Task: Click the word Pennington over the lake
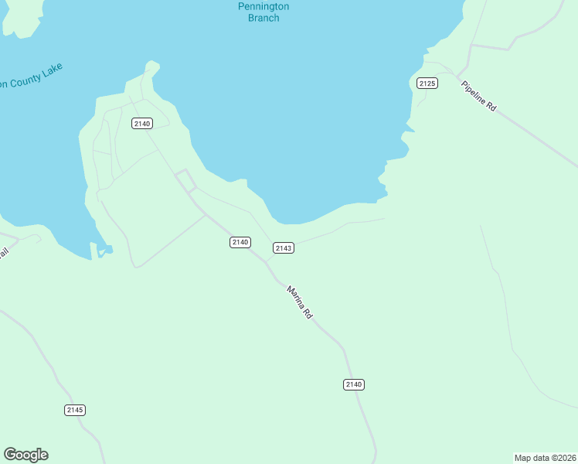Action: coord(263,7)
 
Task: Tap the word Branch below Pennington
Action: coord(263,18)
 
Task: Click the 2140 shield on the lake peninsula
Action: coord(142,124)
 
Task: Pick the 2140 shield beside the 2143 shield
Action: coord(240,242)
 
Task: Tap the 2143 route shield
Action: coord(284,247)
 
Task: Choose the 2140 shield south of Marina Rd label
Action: coord(354,384)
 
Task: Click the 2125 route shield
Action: coord(427,83)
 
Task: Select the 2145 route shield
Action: coord(75,410)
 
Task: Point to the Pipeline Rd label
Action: coord(479,97)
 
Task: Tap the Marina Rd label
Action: coord(299,303)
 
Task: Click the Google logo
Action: coord(26,455)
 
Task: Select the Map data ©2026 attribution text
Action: coord(546,458)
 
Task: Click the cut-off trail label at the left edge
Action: coord(3,254)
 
